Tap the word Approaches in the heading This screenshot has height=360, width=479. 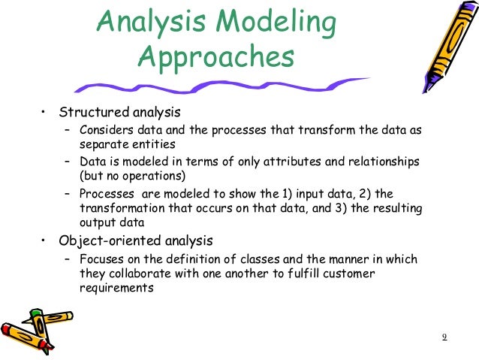point(216,57)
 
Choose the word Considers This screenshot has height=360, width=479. point(104,130)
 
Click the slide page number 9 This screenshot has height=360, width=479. point(444,336)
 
